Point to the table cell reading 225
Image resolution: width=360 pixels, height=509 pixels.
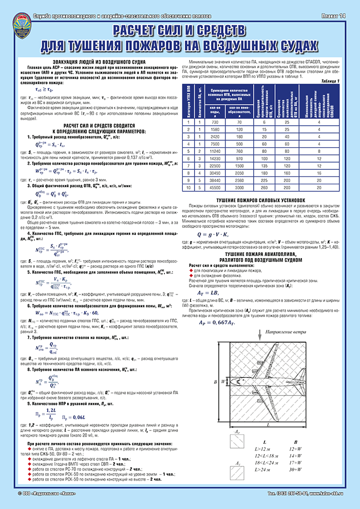262,180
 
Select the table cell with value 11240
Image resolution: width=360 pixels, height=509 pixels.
215,152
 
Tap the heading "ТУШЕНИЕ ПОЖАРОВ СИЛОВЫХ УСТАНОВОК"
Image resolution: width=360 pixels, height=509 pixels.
261,199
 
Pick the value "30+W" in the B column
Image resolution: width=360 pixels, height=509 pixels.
294,469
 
